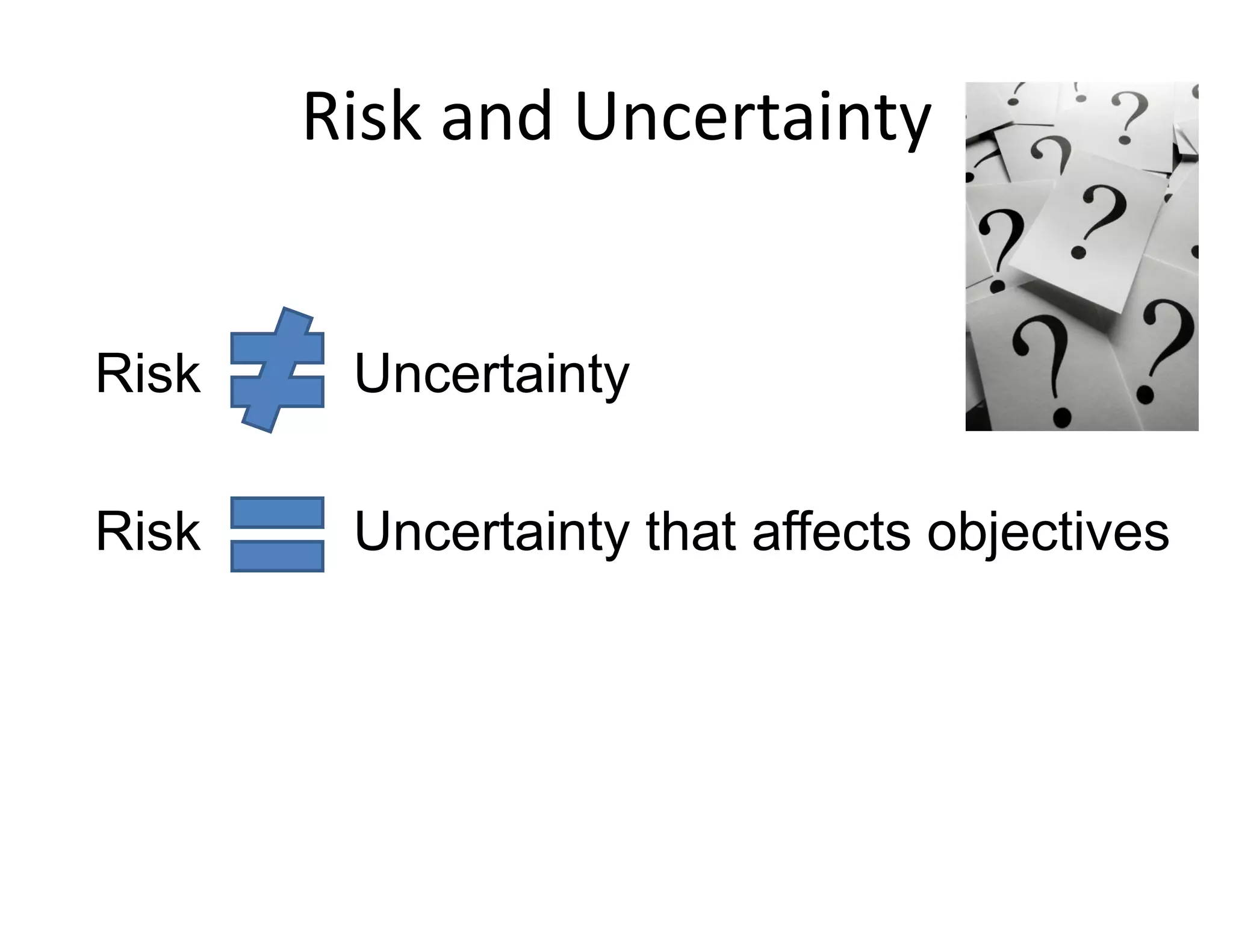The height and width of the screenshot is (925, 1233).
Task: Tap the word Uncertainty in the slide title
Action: tap(753, 117)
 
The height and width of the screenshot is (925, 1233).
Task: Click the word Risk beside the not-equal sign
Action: tap(148, 374)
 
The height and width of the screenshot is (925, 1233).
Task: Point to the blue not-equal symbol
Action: tap(278, 370)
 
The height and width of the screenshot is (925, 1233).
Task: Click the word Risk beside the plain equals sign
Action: tap(148, 532)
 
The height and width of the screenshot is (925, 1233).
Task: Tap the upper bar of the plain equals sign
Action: tap(278, 512)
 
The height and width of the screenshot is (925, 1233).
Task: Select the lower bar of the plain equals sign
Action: tap(278, 556)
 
